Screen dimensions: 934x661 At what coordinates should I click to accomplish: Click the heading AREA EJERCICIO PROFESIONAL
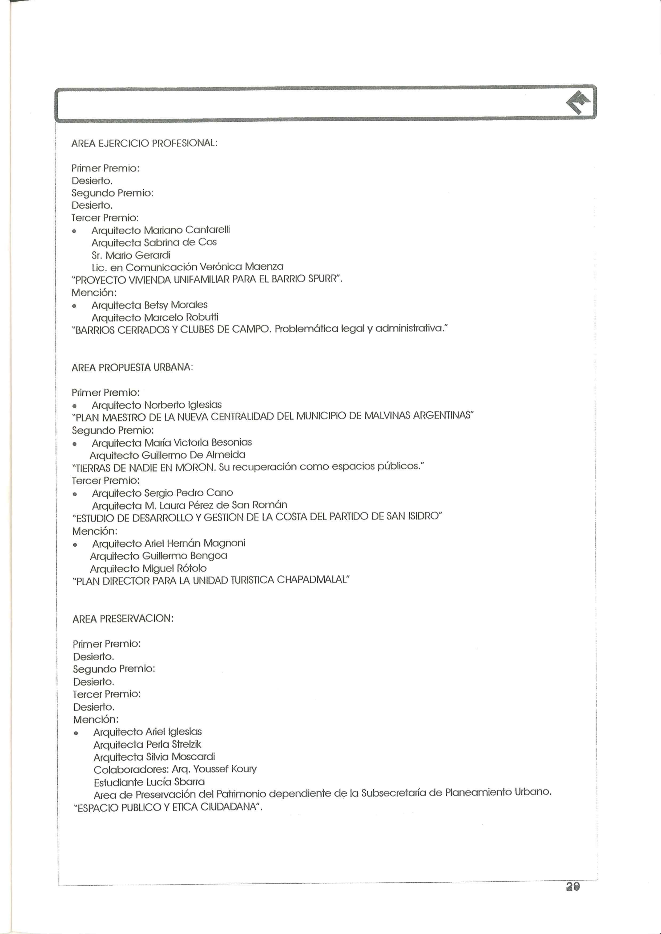click(x=144, y=143)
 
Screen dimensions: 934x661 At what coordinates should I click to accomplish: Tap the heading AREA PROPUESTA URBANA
click(x=132, y=367)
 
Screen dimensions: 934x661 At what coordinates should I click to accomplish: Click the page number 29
click(x=573, y=886)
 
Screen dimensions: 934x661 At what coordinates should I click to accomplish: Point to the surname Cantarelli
click(x=207, y=230)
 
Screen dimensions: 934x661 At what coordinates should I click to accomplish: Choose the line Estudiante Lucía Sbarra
click(x=149, y=782)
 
